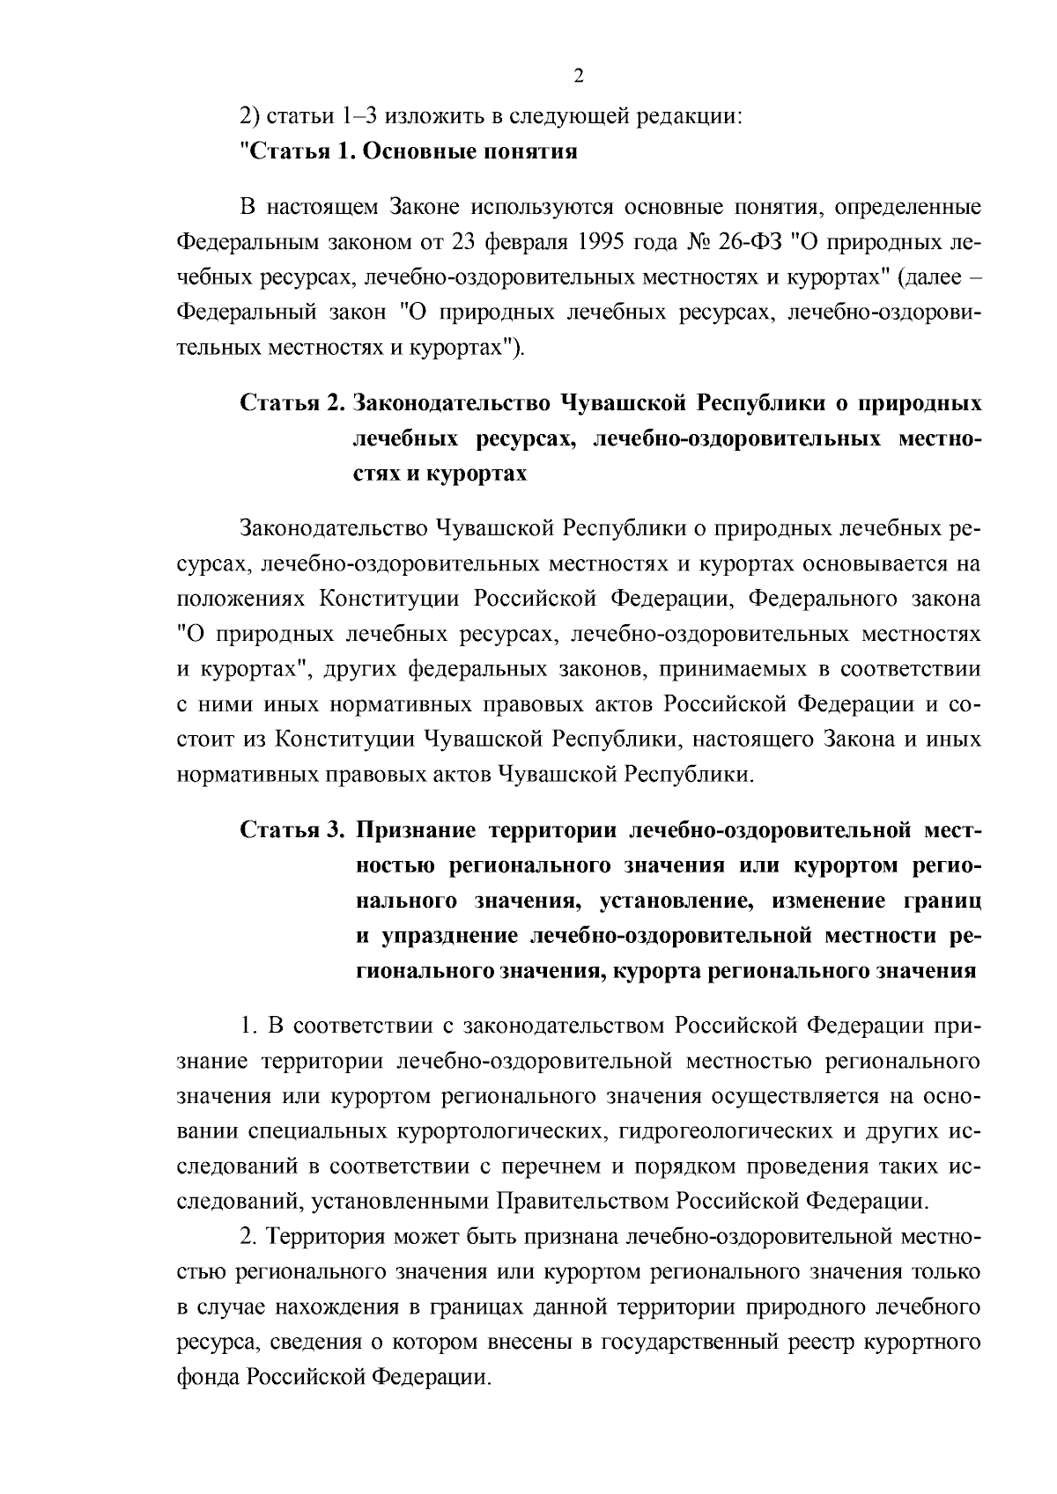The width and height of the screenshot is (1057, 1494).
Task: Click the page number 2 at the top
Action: point(578,77)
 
